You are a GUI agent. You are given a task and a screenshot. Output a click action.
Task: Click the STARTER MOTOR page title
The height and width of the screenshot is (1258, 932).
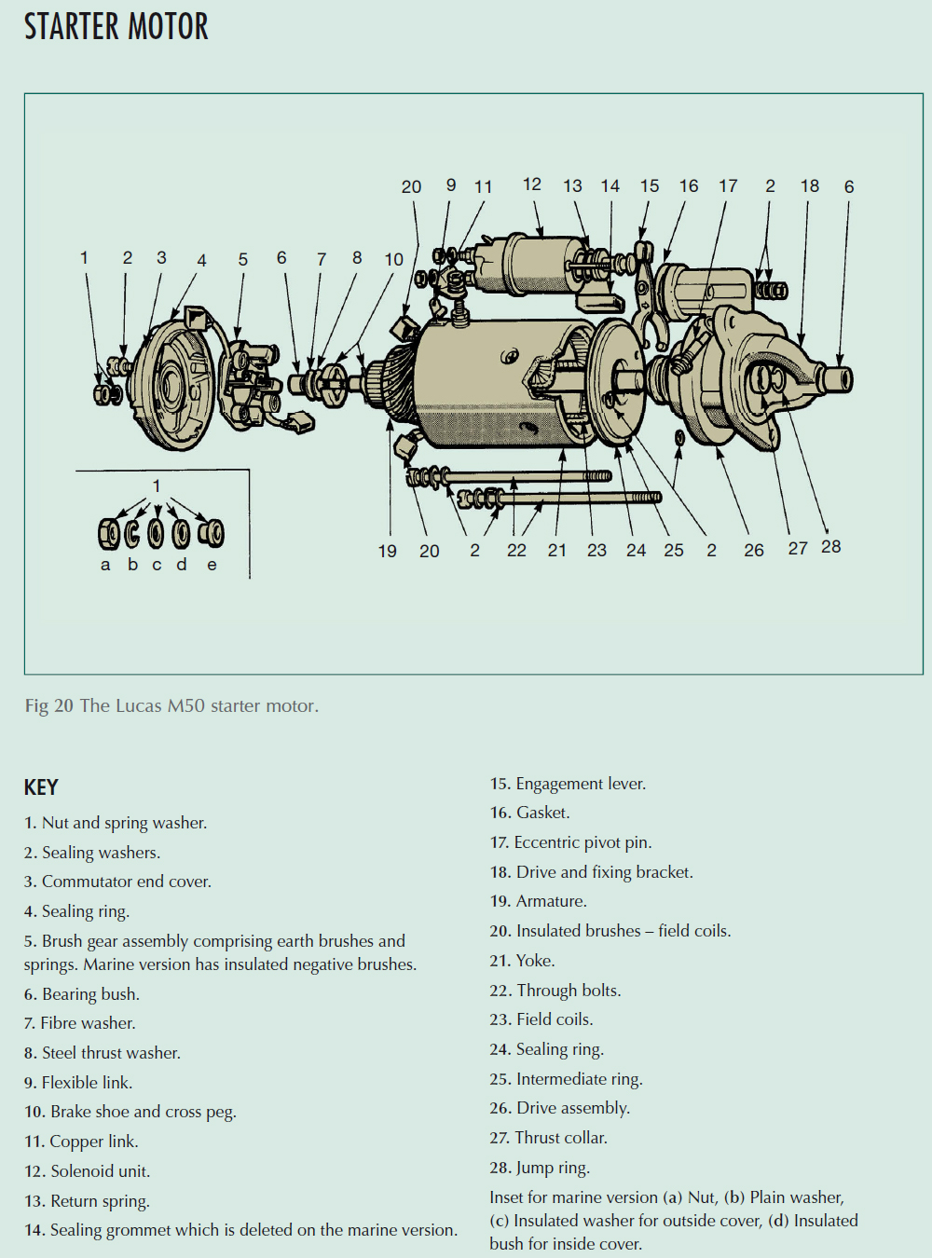pyautogui.click(x=116, y=27)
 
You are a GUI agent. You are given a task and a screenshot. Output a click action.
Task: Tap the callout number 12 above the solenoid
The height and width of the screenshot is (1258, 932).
pyautogui.click(x=531, y=185)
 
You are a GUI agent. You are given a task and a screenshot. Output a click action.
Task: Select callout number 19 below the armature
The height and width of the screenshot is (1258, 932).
pyautogui.click(x=388, y=551)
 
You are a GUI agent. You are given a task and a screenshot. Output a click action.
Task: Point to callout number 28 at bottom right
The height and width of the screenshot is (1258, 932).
pyautogui.click(x=830, y=547)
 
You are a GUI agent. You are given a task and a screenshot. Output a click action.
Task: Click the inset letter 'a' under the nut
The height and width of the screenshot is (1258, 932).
pyautogui.click(x=105, y=565)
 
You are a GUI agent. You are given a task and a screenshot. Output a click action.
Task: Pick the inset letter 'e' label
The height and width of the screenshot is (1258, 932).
pyautogui.click(x=212, y=565)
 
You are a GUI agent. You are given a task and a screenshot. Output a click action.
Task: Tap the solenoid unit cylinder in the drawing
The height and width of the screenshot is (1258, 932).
pyautogui.click(x=531, y=266)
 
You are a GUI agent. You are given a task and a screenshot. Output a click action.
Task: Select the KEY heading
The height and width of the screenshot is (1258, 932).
pyautogui.click(x=41, y=787)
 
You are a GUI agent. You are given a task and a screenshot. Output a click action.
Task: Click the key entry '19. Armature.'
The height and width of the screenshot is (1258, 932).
pyautogui.click(x=538, y=901)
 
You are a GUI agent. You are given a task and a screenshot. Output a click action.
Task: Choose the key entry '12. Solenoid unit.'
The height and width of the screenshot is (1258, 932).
pyautogui.click(x=87, y=1170)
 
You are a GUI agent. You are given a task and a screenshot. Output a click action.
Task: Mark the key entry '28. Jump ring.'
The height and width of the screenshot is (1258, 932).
pyautogui.click(x=540, y=1168)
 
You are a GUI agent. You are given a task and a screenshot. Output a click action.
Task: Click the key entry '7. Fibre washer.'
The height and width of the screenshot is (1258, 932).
pyautogui.click(x=80, y=1023)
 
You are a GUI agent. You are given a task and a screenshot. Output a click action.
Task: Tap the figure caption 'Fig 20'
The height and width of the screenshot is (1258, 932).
pyautogui.click(x=48, y=705)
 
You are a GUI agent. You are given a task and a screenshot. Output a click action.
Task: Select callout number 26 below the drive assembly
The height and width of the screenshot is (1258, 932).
pyautogui.click(x=753, y=550)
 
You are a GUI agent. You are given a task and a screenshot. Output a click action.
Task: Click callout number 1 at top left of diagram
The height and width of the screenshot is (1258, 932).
pyautogui.click(x=84, y=257)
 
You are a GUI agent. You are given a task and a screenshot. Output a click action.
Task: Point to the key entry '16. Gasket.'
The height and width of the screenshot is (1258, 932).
pyautogui.click(x=529, y=813)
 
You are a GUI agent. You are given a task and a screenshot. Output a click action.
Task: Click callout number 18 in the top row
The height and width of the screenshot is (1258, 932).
pyautogui.click(x=809, y=185)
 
